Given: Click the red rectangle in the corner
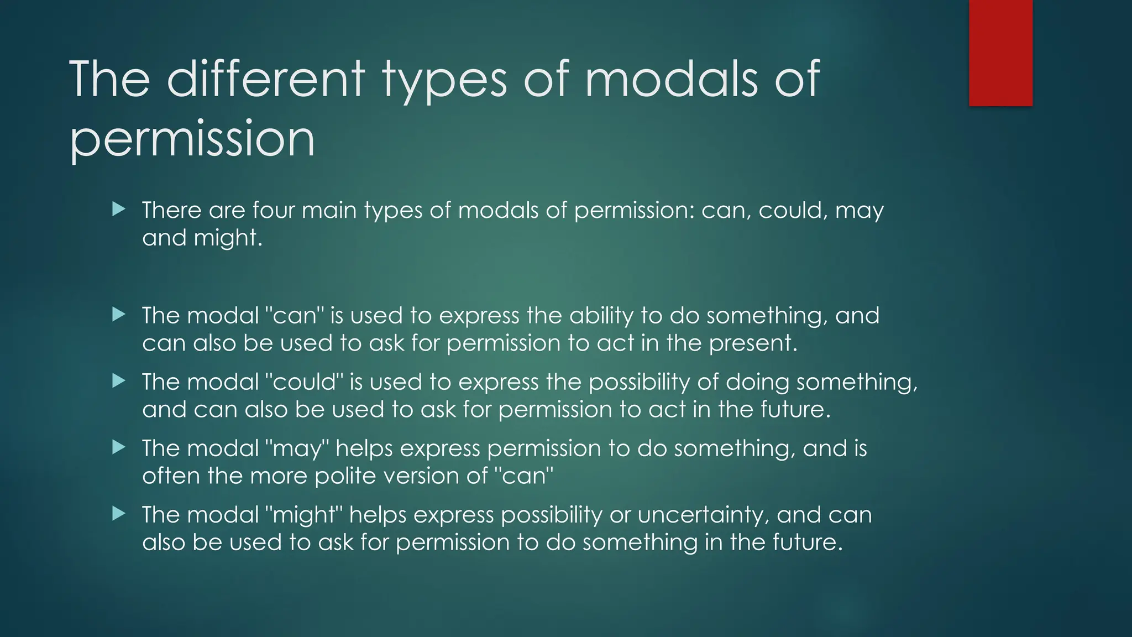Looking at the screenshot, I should (1000, 53).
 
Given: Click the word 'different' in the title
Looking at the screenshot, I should (266, 79).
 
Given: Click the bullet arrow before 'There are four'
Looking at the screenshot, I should (118, 209).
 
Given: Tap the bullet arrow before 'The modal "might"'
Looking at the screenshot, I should (118, 514).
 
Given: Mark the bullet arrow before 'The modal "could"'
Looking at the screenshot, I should (118, 381).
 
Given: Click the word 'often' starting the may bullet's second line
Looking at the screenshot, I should (171, 476).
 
